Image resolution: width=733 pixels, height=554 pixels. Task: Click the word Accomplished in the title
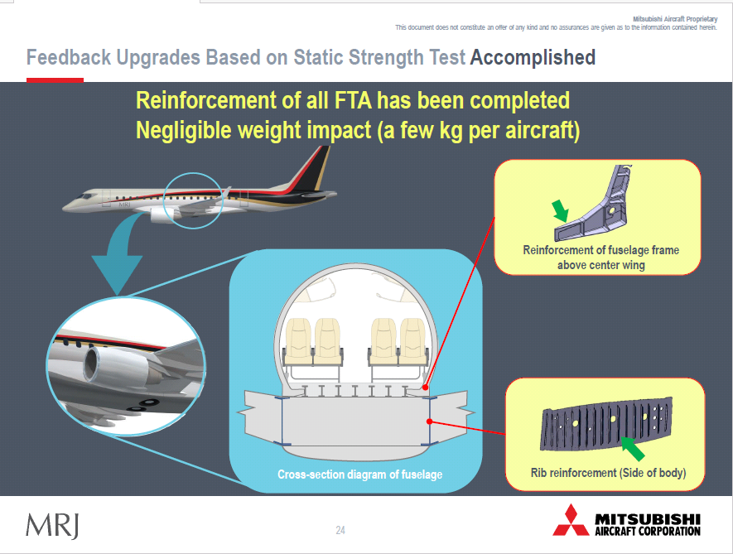(533, 58)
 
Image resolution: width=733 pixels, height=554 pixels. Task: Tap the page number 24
(340, 530)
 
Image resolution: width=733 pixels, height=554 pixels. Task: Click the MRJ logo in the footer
(52, 526)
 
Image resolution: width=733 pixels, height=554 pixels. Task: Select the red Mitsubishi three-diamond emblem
(571, 520)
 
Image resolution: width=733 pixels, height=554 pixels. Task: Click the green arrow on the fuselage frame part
(560, 211)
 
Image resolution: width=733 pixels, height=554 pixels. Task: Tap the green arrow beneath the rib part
(633, 448)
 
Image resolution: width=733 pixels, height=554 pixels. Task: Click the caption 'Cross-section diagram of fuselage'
(360, 475)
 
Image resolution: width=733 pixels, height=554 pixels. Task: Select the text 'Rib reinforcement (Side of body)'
(608, 473)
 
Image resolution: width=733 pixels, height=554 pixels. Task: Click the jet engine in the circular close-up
(117, 365)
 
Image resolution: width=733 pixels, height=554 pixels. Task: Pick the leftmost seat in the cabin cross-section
(298, 341)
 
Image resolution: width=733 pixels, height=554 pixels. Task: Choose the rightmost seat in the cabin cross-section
(413, 341)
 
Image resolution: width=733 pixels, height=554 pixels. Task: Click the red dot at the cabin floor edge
(426, 388)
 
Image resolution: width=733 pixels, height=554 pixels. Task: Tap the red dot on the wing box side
(430, 422)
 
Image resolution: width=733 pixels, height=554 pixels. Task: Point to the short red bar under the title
(55, 80)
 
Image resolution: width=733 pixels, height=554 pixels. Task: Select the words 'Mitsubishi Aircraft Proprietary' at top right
(675, 19)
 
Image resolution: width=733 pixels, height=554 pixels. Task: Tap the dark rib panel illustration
(606, 423)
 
